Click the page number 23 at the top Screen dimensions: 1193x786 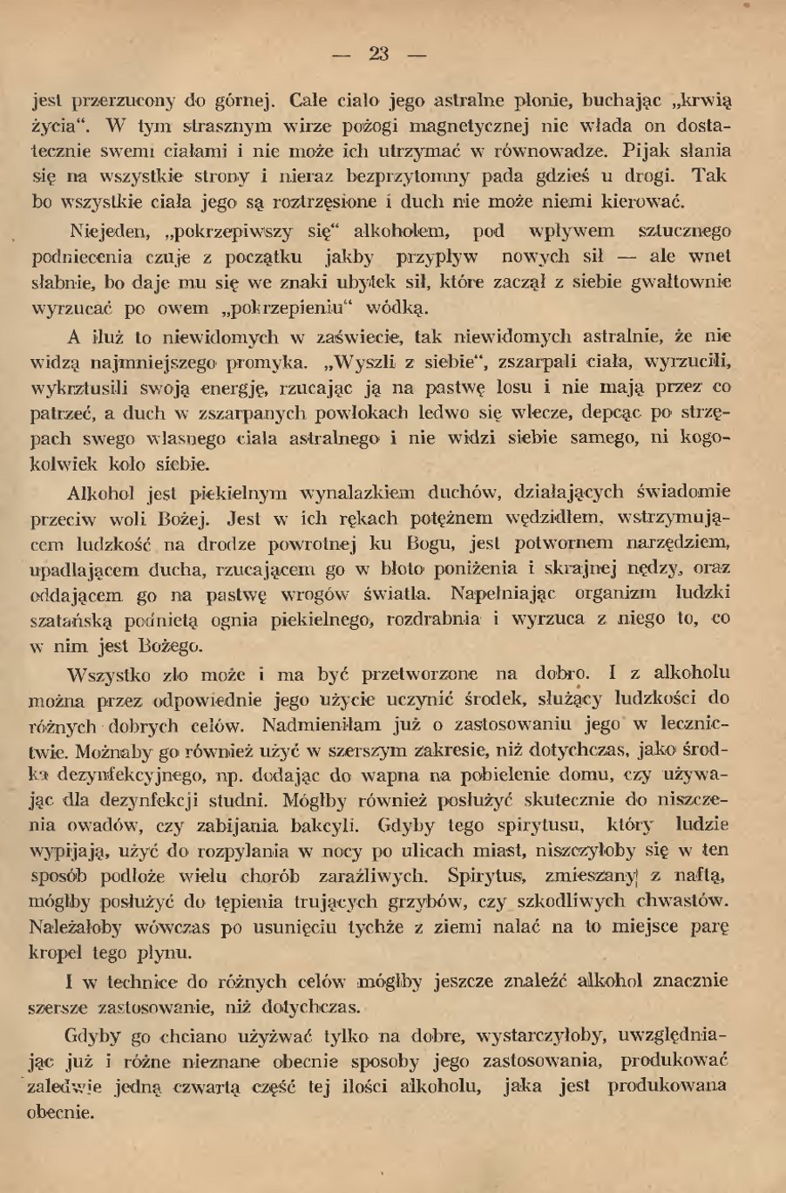point(379,54)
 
